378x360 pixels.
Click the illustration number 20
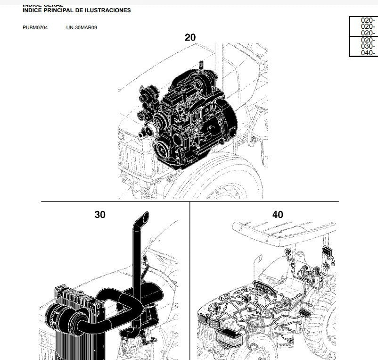[190, 37]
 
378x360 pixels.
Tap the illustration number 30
[100, 215]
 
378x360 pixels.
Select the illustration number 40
[278, 215]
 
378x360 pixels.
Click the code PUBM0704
[35, 27]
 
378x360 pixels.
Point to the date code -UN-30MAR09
[81, 27]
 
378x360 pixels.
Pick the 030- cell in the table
[368, 46]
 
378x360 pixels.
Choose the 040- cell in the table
[368, 53]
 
